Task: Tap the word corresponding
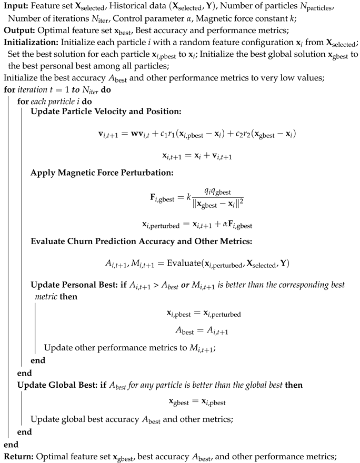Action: tap(291, 285)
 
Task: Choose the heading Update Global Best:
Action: tap(54, 385)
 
